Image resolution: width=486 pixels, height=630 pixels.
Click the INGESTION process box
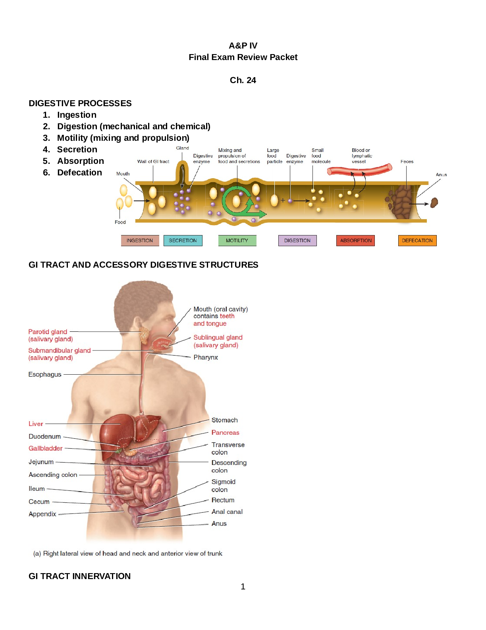coord(140,240)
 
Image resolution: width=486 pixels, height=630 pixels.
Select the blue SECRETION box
coord(183,240)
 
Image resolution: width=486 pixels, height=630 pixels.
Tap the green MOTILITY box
coord(237,240)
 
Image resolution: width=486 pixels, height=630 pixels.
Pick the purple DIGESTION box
coord(297,240)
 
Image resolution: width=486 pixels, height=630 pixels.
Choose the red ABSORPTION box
coord(355,240)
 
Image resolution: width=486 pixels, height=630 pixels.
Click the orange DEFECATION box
coord(417,240)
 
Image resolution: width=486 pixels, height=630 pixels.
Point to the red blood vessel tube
coord(359,170)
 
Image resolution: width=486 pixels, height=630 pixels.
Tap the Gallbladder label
coord(45,448)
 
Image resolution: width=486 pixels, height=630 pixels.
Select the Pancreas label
coord(225,433)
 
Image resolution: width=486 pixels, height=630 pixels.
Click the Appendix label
coord(42,514)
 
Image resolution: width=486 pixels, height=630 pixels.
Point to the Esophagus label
coord(45,374)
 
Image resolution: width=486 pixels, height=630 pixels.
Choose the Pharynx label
coord(206,357)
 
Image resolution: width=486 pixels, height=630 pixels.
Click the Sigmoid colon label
coord(223,486)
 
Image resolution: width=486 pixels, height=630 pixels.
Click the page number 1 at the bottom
coord(243,587)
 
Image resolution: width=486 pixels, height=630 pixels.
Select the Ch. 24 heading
coord(243,80)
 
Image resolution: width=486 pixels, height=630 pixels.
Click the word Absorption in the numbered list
coord(81,161)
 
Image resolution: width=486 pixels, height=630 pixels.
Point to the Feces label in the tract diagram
coord(407,161)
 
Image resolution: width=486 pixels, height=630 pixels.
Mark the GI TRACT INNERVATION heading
coord(79,576)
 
